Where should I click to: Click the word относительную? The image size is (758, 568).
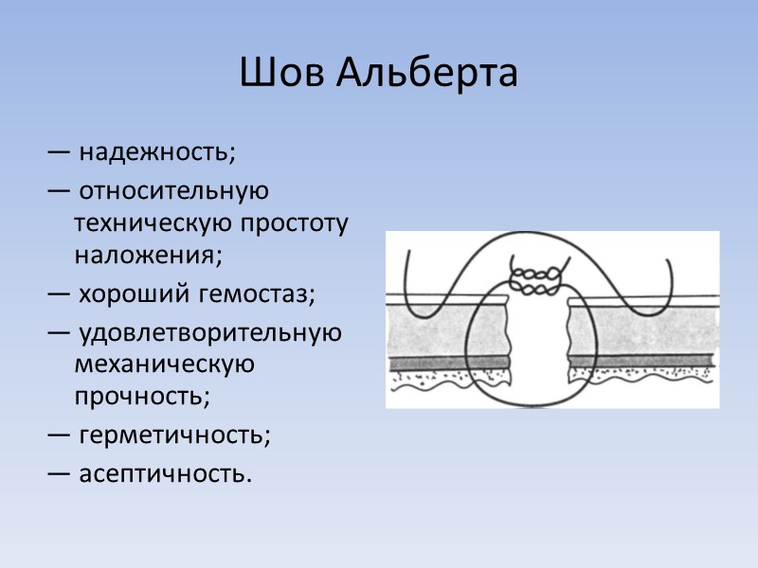[x=174, y=190]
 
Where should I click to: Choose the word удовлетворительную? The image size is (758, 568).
[x=210, y=333]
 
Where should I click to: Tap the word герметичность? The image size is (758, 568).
[x=174, y=435]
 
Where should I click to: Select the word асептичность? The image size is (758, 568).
[x=166, y=471]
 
